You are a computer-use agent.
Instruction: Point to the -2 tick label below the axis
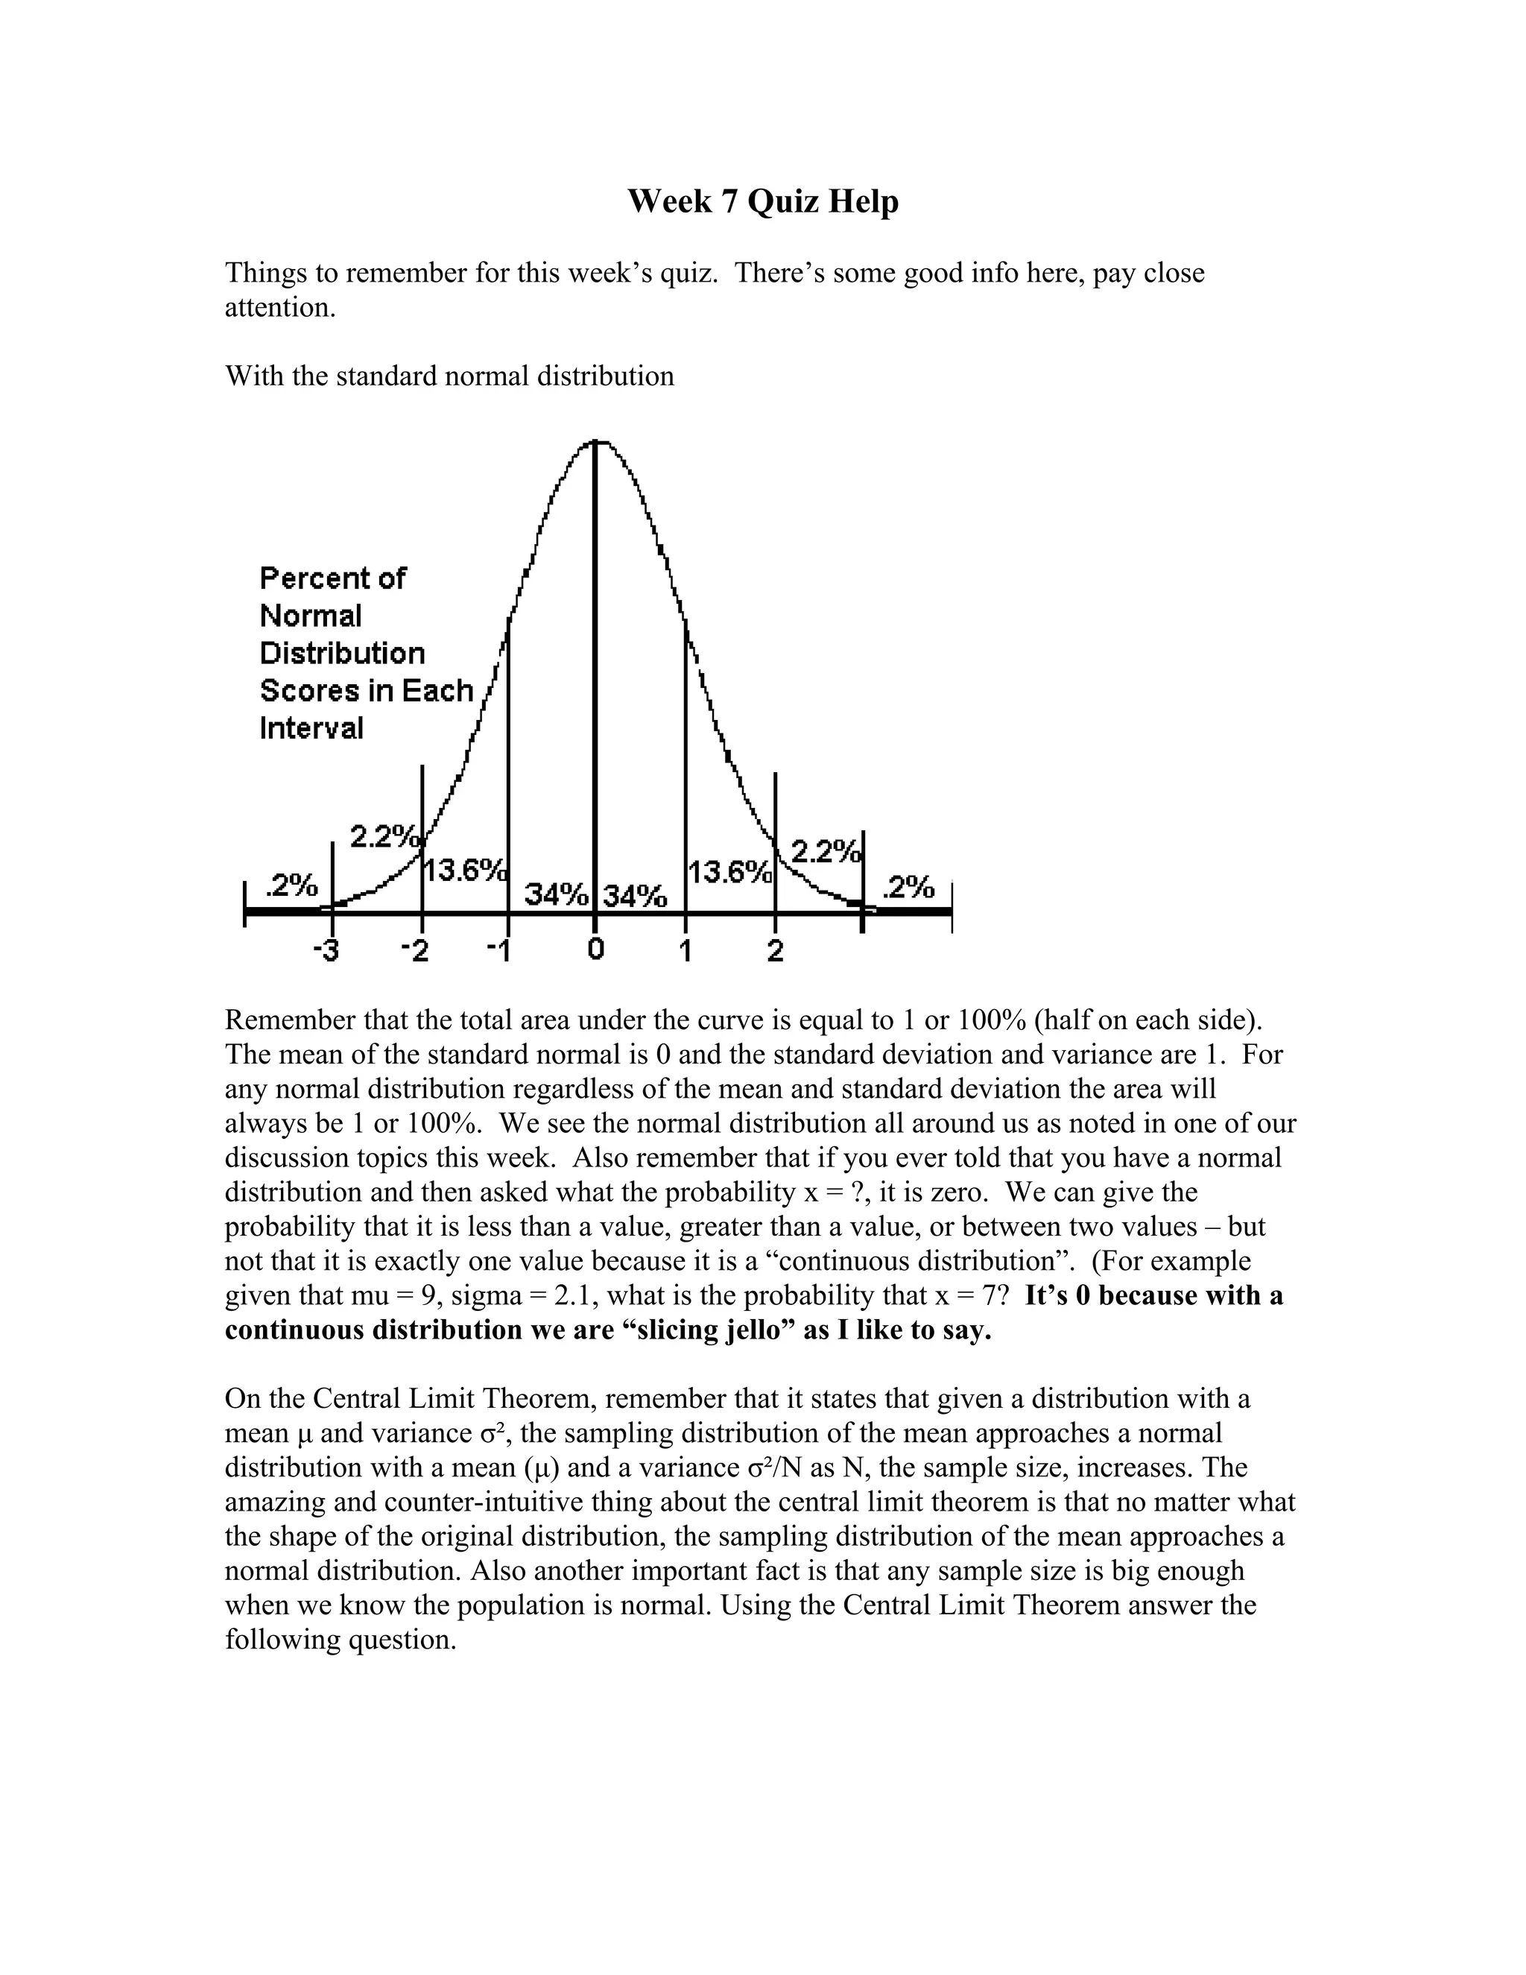(x=415, y=952)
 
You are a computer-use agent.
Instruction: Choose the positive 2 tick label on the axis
(x=776, y=951)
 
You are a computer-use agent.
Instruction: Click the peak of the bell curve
(x=596, y=442)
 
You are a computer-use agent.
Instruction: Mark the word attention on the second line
(x=280, y=308)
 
